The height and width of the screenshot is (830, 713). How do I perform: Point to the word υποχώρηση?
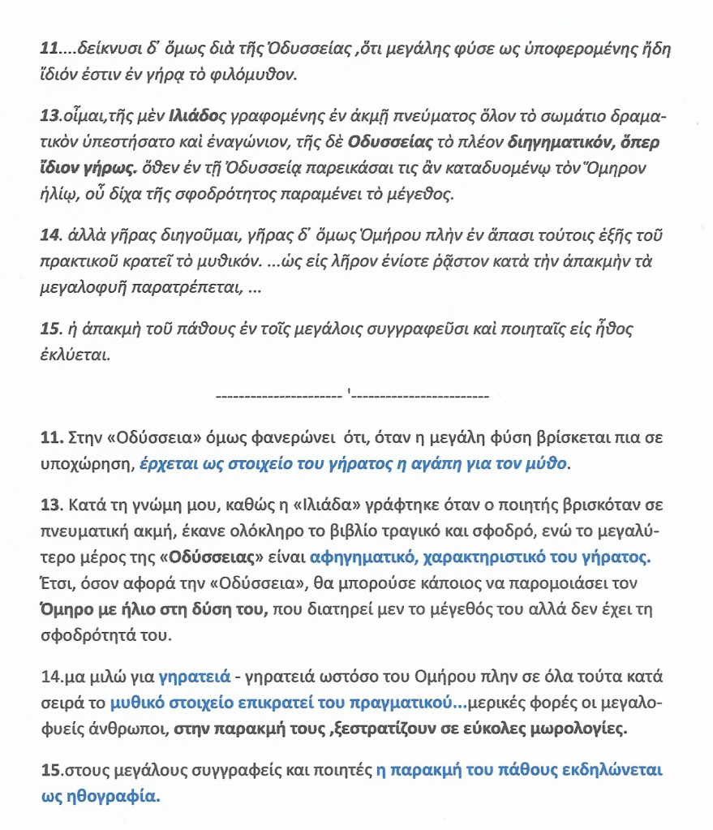[x=87, y=464]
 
